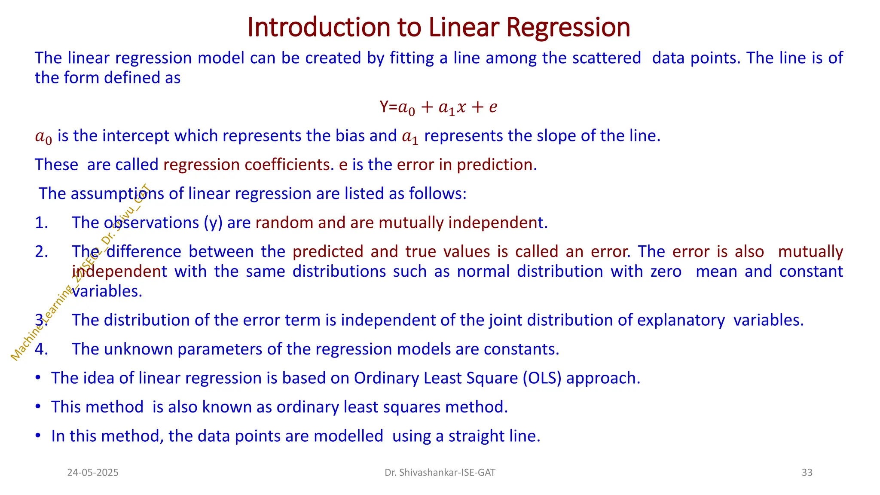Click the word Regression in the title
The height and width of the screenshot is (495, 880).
click(x=568, y=27)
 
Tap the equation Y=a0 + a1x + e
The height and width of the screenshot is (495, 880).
click(x=438, y=107)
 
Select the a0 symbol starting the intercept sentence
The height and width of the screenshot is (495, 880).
click(x=43, y=137)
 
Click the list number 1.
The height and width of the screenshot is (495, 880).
click(x=41, y=223)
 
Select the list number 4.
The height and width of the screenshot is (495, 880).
click(x=41, y=349)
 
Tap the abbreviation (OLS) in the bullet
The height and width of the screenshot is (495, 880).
click(x=542, y=378)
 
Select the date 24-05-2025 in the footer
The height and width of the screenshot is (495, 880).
click(x=93, y=473)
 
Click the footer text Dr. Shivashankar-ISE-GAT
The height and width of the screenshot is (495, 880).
click(x=440, y=473)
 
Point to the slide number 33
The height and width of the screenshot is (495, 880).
click(x=807, y=473)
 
